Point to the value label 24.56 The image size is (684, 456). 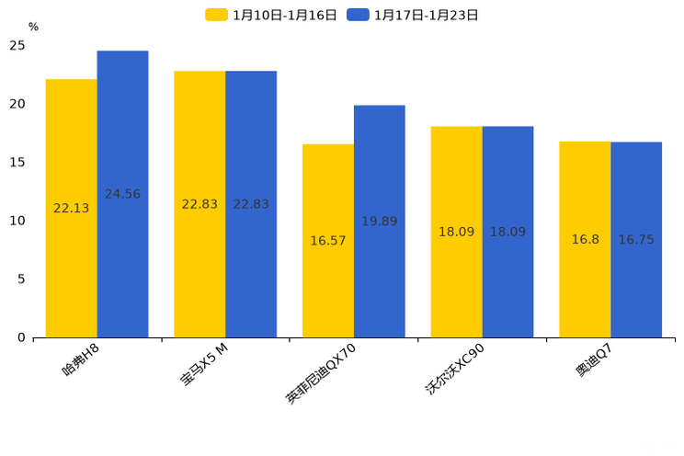[x=122, y=194]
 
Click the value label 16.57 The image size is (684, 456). [x=328, y=241]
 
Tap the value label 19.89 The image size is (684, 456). [x=379, y=222]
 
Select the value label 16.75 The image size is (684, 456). [x=636, y=240]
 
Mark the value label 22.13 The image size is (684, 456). [x=72, y=209]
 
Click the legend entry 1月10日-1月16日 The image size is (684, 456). [x=272, y=15]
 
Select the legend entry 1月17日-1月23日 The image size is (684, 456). [x=414, y=15]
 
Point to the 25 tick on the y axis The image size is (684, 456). [x=17, y=45]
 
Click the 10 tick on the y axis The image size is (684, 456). [x=17, y=221]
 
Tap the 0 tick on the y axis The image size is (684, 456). [x=21, y=337]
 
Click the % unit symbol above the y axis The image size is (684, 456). [x=33, y=28]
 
